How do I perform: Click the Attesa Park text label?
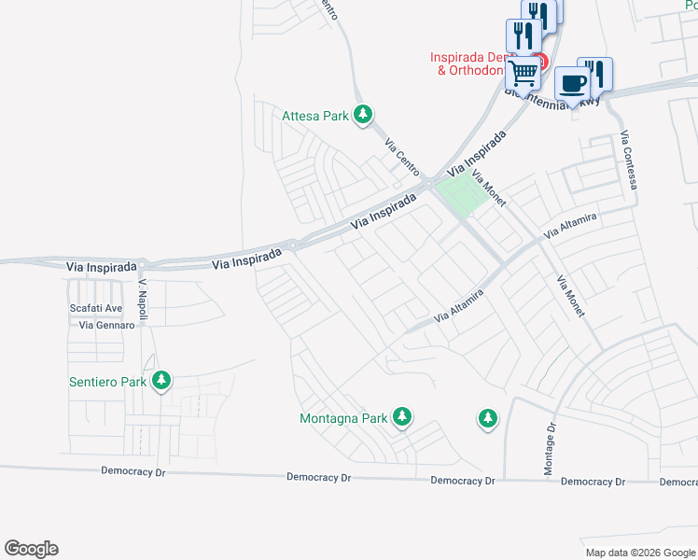tap(315, 117)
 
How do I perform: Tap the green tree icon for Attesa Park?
tap(363, 115)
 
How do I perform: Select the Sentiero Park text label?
tap(108, 382)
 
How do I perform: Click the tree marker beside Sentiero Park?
tap(162, 380)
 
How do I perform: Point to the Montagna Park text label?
tap(342, 419)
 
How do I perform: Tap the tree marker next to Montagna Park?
tap(402, 416)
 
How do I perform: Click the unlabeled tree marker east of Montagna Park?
tap(486, 419)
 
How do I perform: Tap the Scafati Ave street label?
tap(96, 308)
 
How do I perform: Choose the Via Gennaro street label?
tap(106, 326)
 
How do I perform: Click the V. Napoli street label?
tap(144, 294)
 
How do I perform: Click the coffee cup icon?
tap(572, 83)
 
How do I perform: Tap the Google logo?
tap(31, 549)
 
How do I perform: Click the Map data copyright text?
tap(639, 553)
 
